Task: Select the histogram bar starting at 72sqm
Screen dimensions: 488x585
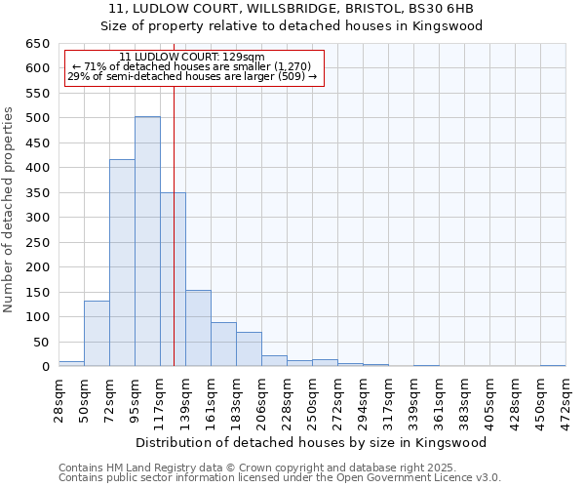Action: pos(122,263)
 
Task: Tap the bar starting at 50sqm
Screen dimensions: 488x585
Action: pos(97,333)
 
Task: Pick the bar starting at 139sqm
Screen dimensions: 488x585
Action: pos(198,328)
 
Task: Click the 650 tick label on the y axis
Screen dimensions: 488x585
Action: pos(37,44)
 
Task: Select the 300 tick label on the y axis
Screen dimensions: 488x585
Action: pos(37,218)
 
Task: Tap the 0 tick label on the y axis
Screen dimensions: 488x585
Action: pos(45,367)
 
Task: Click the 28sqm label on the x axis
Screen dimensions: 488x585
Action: pos(59,397)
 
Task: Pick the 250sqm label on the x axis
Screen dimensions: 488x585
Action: pos(312,397)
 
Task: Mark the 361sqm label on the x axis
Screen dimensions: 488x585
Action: pos(439,397)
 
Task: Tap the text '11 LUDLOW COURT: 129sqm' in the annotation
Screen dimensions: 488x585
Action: pos(191,58)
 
